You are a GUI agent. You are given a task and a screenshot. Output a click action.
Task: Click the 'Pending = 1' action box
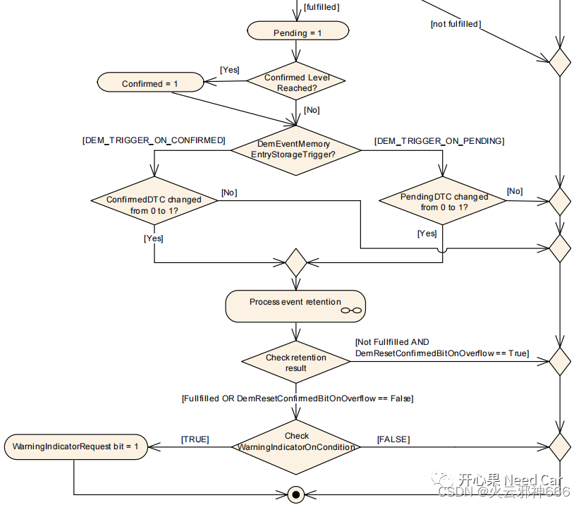(297, 32)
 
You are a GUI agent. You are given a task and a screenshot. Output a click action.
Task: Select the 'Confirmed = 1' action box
(149, 83)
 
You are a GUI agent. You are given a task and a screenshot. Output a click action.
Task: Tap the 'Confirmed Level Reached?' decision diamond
(296, 83)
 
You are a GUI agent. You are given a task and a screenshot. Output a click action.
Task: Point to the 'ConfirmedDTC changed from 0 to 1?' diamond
(154, 205)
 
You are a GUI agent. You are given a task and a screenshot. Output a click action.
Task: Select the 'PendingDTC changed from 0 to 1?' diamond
(444, 202)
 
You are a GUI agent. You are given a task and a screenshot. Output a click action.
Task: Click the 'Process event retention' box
(295, 305)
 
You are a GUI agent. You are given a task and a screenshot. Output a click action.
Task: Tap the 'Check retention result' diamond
(295, 363)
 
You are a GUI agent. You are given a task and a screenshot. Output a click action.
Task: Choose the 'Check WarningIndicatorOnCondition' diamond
(296, 446)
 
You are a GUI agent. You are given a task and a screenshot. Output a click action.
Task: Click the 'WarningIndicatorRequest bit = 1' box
(75, 446)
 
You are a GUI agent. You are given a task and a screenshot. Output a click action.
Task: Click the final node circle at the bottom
(295, 493)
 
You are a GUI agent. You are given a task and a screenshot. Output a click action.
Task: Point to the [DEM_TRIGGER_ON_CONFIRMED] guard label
(154, 140)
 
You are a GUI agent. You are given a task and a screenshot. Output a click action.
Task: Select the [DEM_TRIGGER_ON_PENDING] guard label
(439, 141)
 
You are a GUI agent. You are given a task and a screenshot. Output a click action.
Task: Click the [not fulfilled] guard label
(455, 24)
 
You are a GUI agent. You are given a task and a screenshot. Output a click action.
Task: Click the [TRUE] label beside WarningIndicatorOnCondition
(195, 439)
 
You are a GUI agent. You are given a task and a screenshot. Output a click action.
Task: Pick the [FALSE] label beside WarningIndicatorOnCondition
(393, 439)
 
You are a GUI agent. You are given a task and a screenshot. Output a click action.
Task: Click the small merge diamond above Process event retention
(295, 262)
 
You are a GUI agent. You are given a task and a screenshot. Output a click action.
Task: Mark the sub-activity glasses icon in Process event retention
(350, 310)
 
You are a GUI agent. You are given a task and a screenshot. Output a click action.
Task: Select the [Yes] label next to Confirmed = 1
(230, 70)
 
